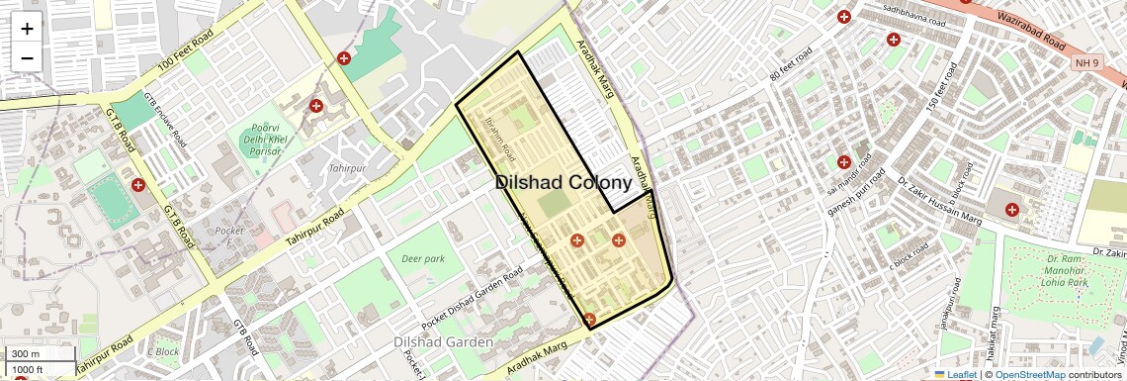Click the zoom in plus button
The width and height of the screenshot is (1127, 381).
[x=27, y=29]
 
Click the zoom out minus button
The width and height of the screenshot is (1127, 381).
[x=27, y=57]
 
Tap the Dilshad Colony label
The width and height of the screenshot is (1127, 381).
[x=563, y=183]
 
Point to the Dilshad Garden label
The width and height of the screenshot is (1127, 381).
[x=443, y=342]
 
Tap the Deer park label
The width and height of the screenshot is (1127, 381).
[x=423, y=259]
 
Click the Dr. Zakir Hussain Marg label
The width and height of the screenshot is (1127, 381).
[x=930, y=199]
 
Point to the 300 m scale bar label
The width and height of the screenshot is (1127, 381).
[x=26, y=354]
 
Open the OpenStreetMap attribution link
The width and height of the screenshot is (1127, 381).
[x=1029, y=374]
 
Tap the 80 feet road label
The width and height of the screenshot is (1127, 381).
[x=790, y=64]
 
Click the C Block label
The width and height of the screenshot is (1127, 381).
[x=163, y=351]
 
